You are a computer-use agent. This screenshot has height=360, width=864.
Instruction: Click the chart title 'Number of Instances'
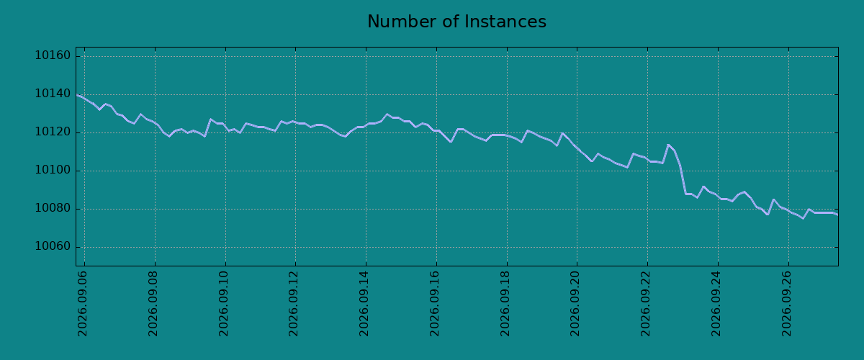[456, 22]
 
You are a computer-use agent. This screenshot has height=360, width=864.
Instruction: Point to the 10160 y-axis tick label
[53, 56]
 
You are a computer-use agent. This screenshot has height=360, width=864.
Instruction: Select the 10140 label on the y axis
[53, 94]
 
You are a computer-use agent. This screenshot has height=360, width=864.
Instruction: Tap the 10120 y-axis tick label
[53, 132]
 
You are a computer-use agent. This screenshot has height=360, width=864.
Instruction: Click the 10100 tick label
[53, 170]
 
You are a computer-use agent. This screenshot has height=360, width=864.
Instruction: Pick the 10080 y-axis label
[53, 208]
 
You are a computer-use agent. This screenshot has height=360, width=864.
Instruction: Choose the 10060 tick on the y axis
[53, 246]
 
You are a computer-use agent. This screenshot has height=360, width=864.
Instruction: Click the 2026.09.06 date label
[83, 303]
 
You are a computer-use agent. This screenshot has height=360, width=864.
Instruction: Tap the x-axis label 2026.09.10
[224, 303]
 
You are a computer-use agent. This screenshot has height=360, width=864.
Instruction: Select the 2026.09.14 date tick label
[364, 303]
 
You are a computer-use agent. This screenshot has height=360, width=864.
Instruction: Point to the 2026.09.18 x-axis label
[505, 303]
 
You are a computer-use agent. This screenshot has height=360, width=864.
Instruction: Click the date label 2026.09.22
[646, 303]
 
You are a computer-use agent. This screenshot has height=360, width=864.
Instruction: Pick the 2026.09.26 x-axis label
[786, 303]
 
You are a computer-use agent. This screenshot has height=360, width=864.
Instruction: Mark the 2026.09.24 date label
[716, 303]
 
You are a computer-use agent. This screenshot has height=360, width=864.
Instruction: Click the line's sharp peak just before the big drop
[668, 145]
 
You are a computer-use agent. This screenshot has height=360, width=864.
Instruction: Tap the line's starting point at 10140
[77, 94]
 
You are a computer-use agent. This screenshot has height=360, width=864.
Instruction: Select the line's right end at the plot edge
[837, 214]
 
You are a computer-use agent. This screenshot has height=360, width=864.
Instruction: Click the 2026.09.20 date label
[575, 303]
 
